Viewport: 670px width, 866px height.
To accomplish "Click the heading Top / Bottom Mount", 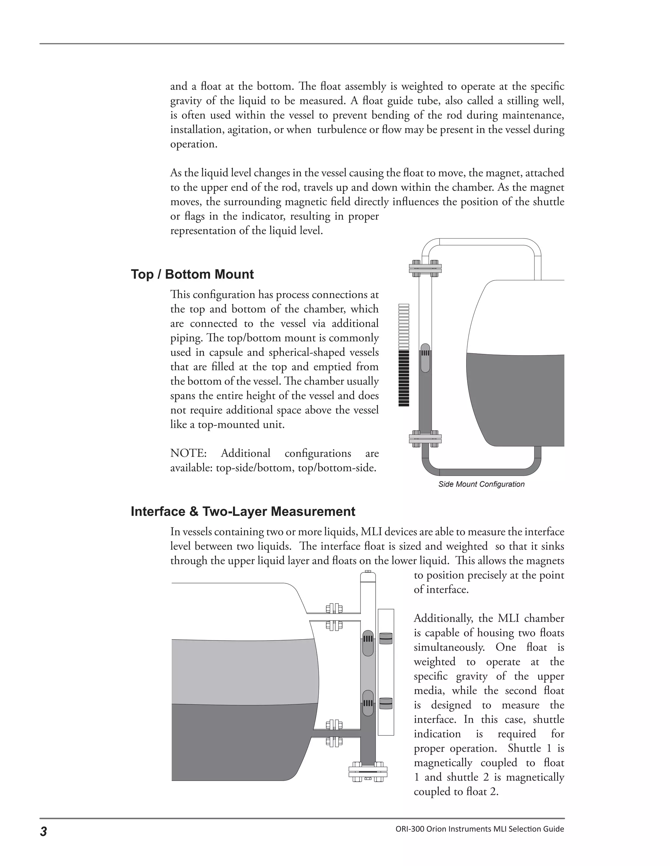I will pos(192,275).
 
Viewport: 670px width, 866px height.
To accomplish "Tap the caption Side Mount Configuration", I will pos(481,484).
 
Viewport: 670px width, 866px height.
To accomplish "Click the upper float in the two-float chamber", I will pos(368,643).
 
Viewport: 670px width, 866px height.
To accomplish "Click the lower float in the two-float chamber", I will pos(368,703).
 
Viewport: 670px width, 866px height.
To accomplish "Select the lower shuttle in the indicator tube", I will pos(386,703).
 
